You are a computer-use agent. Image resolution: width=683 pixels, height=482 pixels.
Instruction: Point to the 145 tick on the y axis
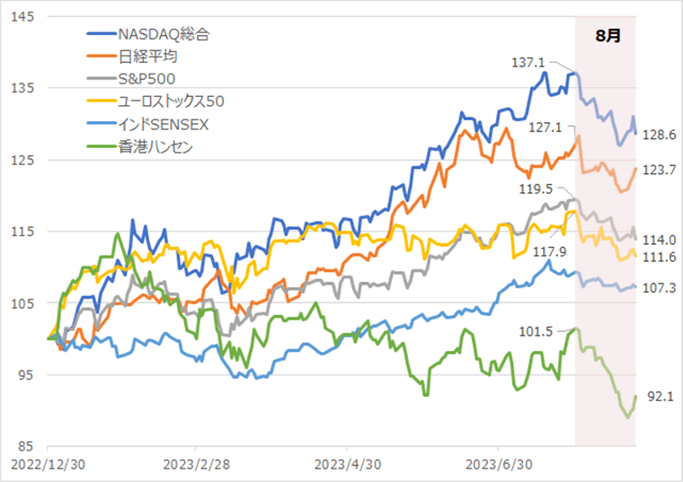[x=24, y=17]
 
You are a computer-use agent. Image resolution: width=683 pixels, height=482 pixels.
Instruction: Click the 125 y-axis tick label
[x=24, y=160]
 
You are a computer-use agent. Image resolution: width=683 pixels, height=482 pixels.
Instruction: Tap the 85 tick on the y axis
[x=28, y=447]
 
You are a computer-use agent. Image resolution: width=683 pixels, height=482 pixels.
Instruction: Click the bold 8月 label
[x=608, y=37]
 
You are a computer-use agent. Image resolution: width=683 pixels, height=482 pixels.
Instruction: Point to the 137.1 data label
[x=528, y=63]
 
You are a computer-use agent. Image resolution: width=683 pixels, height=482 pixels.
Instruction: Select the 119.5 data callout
[x=537, y=190]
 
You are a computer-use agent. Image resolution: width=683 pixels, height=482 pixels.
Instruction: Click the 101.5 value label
[x=536, y=331]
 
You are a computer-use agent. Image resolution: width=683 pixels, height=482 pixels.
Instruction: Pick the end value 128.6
[x=660, y=135]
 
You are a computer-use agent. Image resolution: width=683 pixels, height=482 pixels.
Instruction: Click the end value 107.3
[x=660, y=287]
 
